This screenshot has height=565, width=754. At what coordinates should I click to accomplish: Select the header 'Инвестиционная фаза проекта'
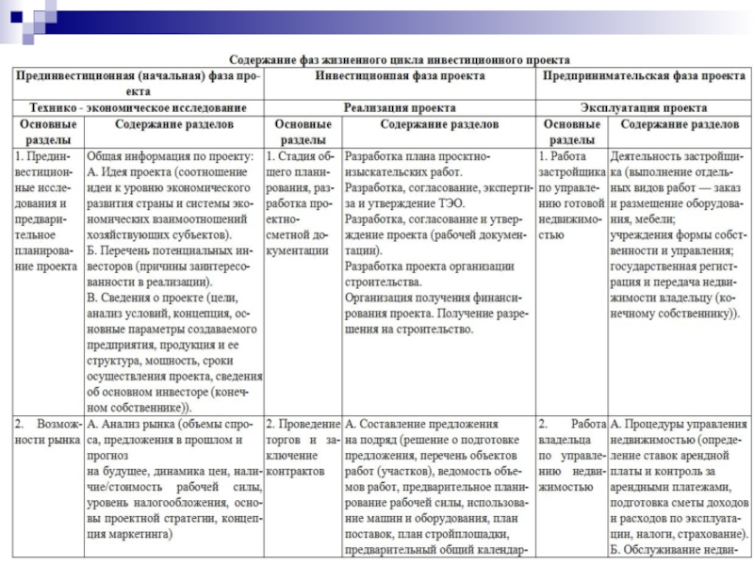click(401, 74)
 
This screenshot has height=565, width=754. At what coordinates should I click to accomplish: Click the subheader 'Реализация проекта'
click(401, 108)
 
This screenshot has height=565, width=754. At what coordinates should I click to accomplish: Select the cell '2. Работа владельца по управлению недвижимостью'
click(571, 455)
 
